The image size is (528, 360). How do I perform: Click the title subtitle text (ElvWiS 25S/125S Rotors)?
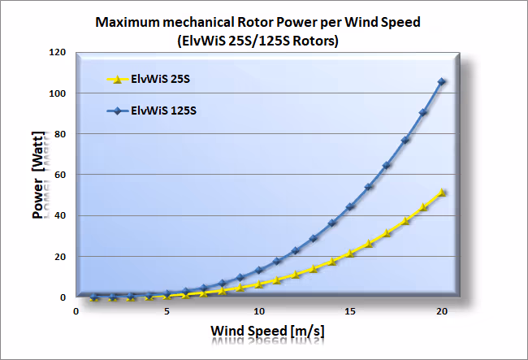pyautogui.click(x=263, y=38)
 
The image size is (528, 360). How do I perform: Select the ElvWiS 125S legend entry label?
pyautogui.click(x=163, y=111)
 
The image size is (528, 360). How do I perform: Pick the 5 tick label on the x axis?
pyautogui.click(x=167, y=311)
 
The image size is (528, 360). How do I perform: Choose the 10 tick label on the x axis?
pyautogui.click(x=258, y=311)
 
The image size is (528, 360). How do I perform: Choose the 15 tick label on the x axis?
pyautogui.click(x=350, y=311)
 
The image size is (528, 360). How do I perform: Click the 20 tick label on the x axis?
pyautogui.click(x=442, y=311)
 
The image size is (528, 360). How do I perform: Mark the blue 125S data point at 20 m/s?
pyautogui.click(x=442, y=81)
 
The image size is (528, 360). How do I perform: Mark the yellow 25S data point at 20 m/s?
pyautogui.click(x=442, y=193)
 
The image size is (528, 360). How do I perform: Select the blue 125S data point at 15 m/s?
pyautogui.click(x=350, y=206)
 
